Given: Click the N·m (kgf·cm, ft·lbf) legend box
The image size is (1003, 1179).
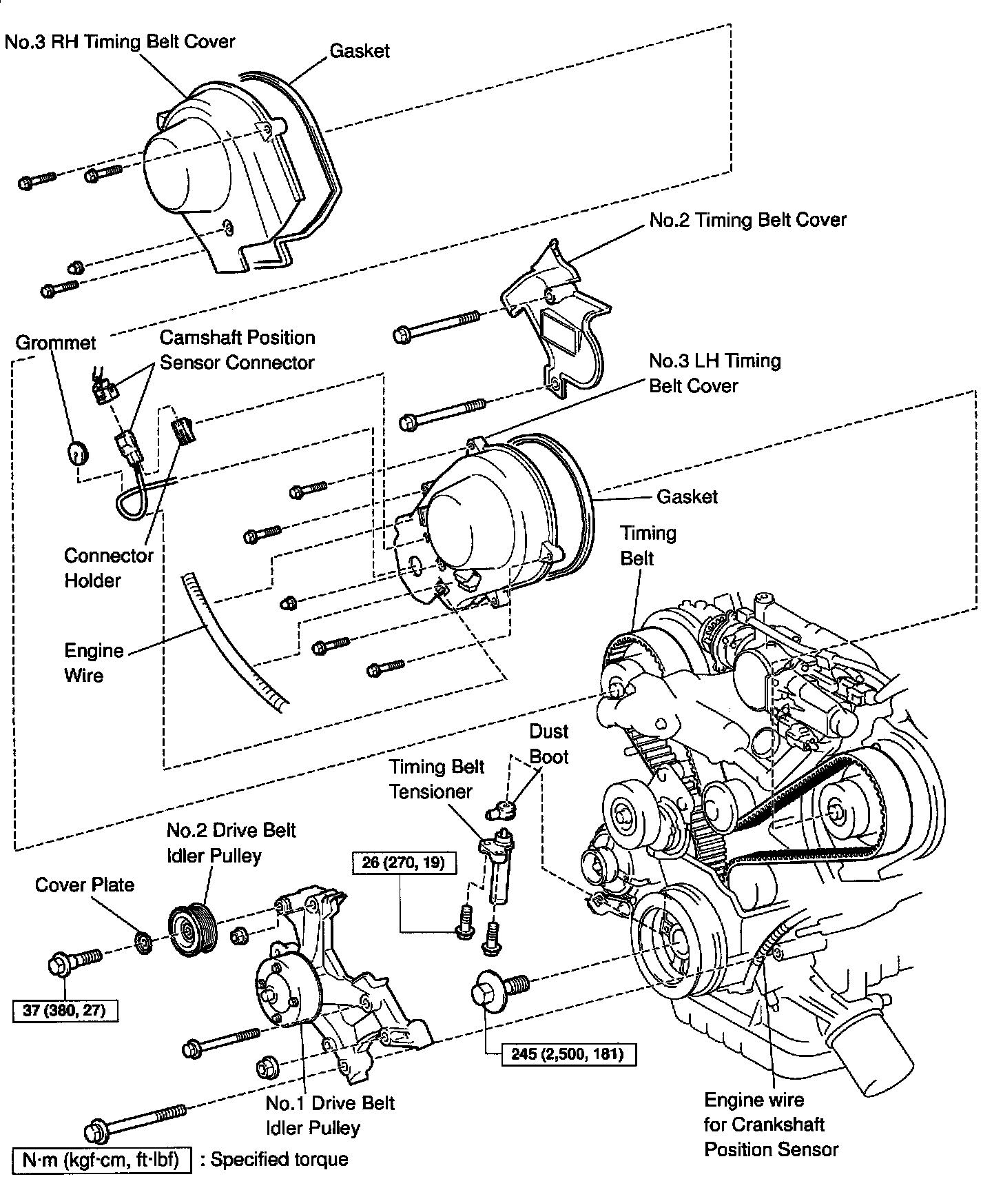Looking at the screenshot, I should pos(101,1160).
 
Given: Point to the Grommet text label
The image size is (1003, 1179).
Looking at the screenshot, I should pos(56,343).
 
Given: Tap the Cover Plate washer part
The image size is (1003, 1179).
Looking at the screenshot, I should pos(143,943).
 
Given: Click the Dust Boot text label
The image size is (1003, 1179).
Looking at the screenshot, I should pos(548,744).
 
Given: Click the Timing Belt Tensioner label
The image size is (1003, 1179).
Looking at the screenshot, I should pos(437,779).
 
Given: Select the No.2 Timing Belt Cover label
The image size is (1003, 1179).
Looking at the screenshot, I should pos(747,220).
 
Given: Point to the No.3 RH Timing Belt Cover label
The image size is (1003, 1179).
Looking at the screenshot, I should pos(120,41).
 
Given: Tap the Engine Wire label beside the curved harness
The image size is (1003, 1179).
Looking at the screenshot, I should pos(94,663).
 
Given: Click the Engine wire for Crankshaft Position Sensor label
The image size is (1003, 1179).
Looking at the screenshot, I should pos(770,1125).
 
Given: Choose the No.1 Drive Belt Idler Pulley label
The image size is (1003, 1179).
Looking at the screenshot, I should pos(330,1116).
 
